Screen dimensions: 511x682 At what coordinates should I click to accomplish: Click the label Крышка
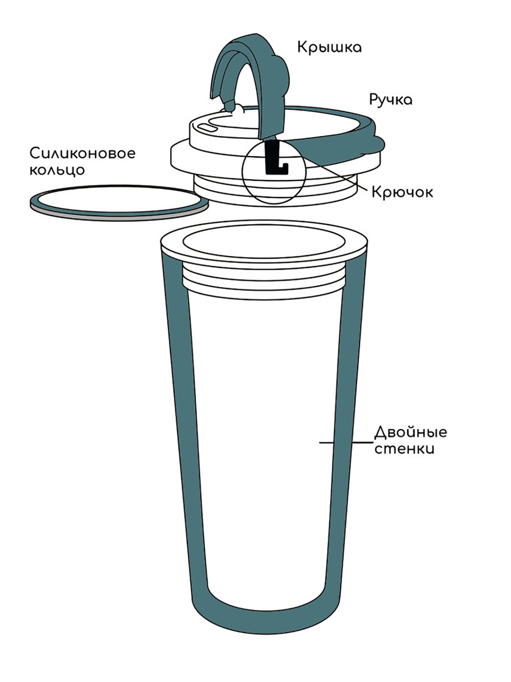pos(329,48)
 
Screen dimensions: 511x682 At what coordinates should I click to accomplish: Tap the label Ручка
pos(391,100)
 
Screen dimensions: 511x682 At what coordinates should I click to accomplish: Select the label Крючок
pos(402,192)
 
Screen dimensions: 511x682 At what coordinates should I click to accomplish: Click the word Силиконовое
pos(83,153)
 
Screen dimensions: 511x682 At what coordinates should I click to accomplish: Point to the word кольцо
pos(57,170)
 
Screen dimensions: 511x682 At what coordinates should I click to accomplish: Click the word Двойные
pos(410,433)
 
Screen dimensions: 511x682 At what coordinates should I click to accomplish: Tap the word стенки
pos(404,449)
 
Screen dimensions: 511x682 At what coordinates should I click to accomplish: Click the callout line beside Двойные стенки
pos(346,442)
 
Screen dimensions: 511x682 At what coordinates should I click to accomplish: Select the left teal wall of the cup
pos(183,435)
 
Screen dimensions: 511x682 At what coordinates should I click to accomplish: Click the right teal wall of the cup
pos(347,435)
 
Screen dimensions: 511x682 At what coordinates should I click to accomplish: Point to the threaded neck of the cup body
pos(264,280)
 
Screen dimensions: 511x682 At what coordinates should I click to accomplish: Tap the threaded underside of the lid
pos(275,189)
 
